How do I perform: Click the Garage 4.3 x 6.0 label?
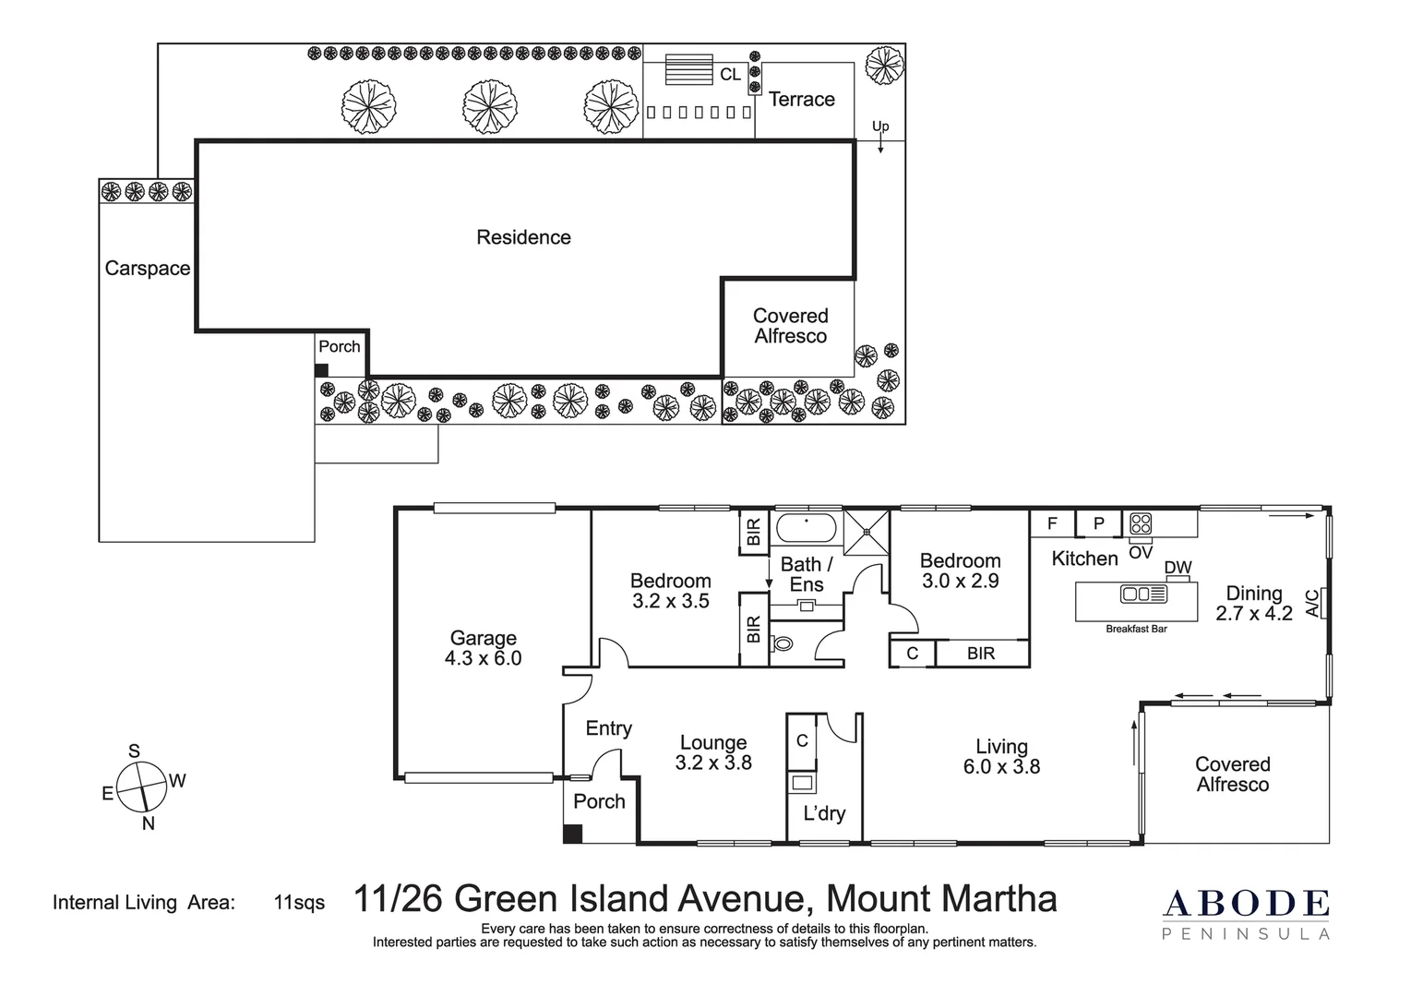484,648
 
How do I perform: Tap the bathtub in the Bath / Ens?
807,527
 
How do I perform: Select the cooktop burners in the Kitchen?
1141,523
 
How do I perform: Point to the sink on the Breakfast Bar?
1143,594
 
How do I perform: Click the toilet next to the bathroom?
782,644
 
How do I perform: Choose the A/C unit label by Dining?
1312,603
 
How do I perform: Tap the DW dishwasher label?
1178,567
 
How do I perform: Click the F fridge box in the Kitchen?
1053,523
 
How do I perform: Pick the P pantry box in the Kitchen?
1099,523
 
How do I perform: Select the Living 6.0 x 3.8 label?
1001,756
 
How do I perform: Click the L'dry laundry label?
824,813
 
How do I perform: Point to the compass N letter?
148,823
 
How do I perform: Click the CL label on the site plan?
730,75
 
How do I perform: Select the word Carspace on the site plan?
148,269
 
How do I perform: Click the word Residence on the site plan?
523,237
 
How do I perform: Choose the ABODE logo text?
1245,904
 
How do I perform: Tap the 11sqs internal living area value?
299,903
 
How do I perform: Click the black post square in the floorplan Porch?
572,834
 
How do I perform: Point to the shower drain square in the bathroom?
867,532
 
